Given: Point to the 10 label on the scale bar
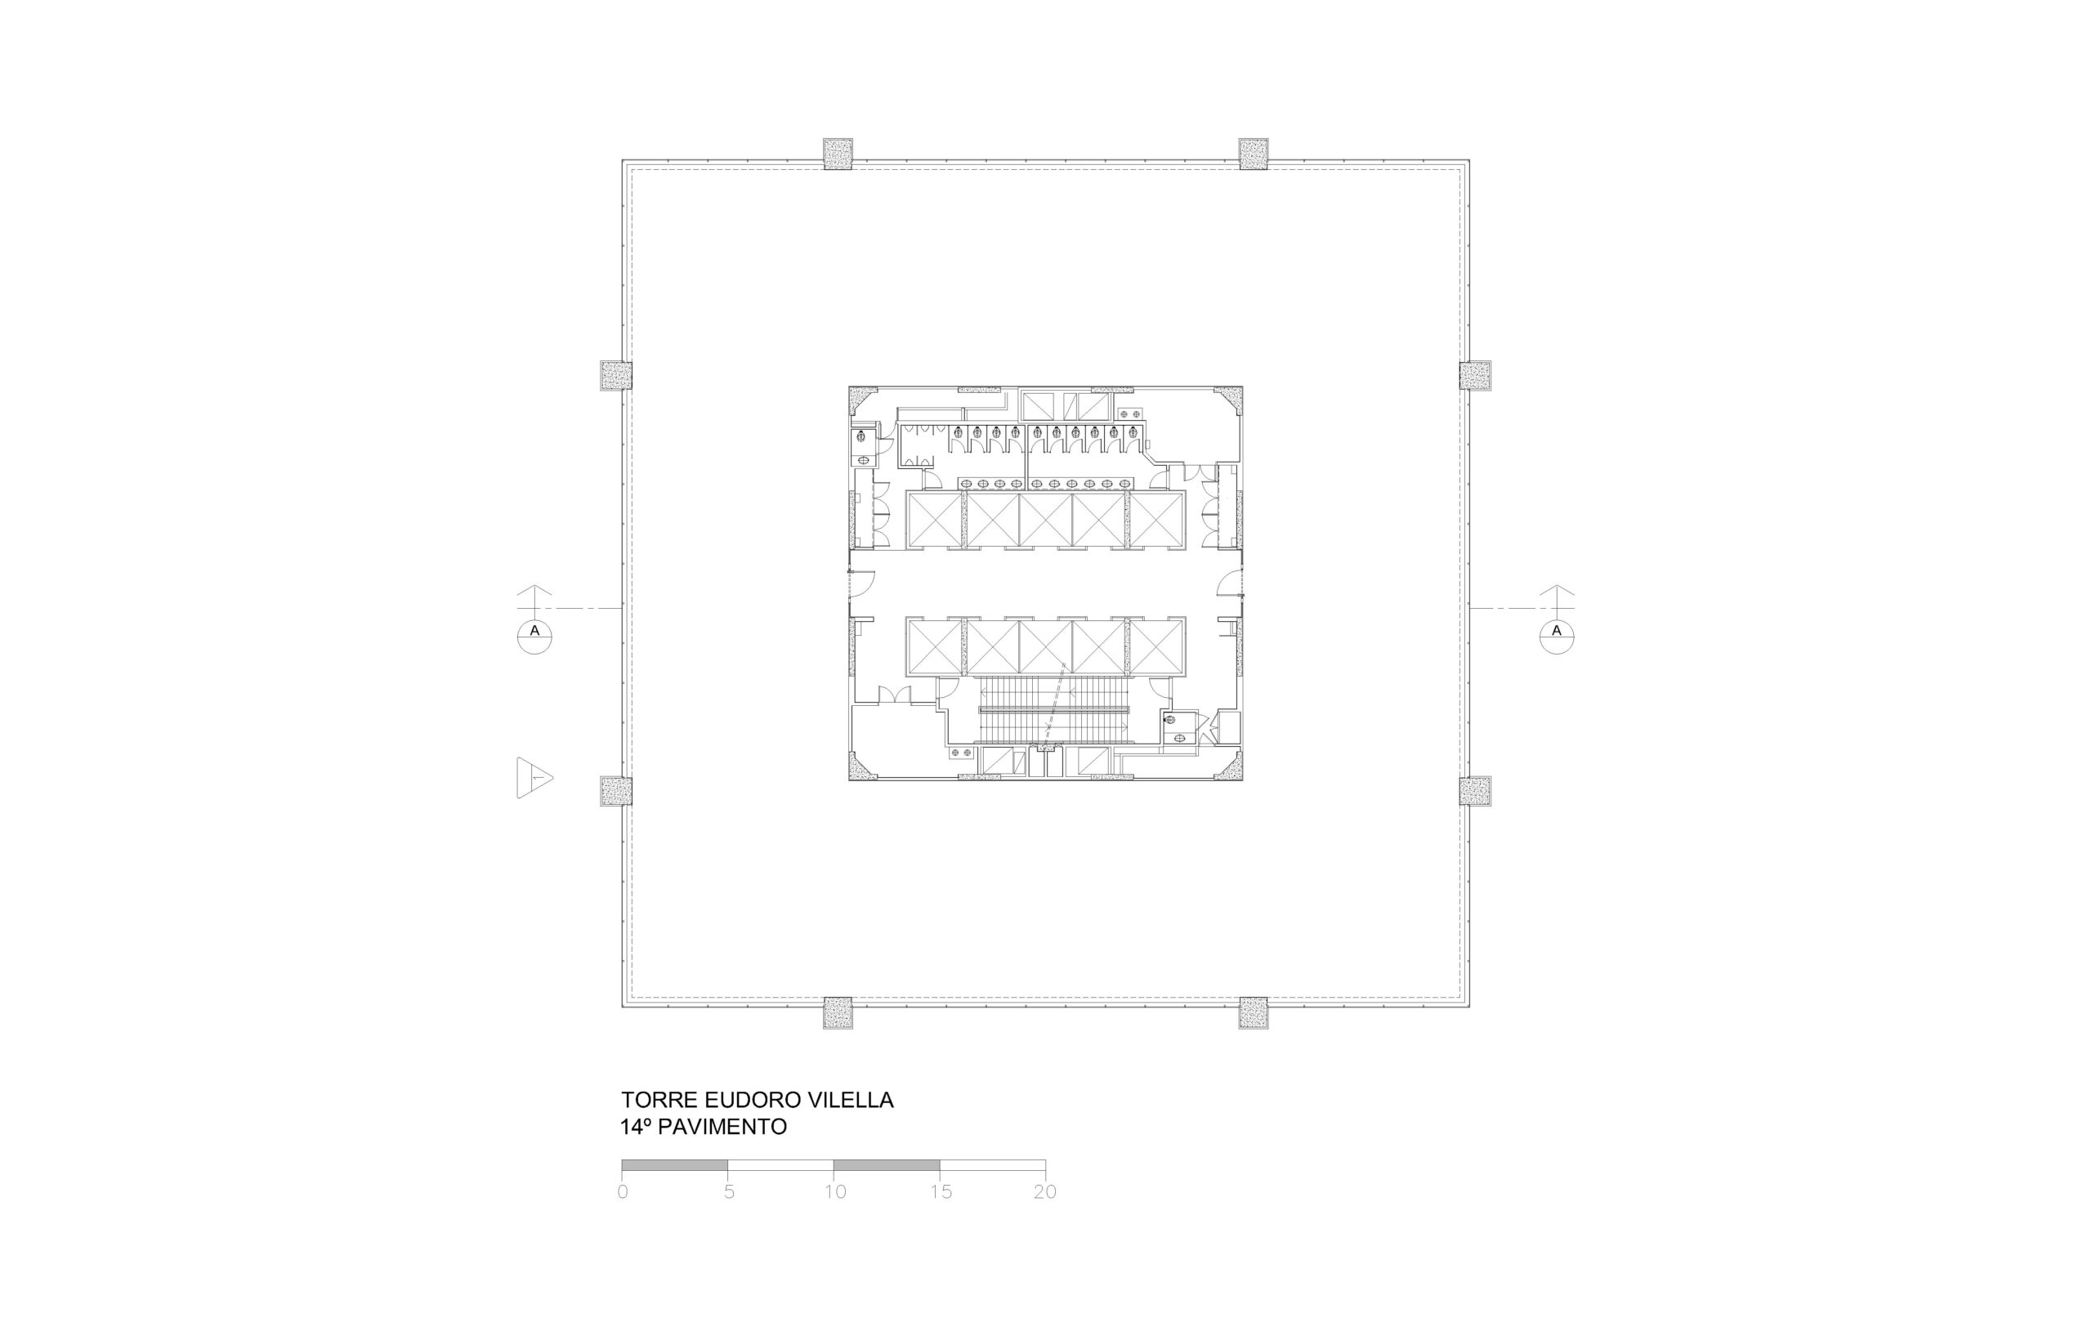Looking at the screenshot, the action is pyautogui.click(x=835, y=1192).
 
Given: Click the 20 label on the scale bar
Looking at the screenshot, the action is pyautogui.click(x=1045, y=1192).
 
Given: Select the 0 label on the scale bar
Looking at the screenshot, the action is pyautogui.click(x=622, y=1192).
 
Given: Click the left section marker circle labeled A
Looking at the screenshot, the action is pyautogui.click(x=534, y=636).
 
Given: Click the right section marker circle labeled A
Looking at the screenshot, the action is pyautogui.click(x=1557, y=636).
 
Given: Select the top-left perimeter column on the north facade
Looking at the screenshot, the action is pyautogui.click(x=838, y=154).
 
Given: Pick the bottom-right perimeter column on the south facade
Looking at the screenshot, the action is pyautogui.click(x=1254, y=1013).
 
